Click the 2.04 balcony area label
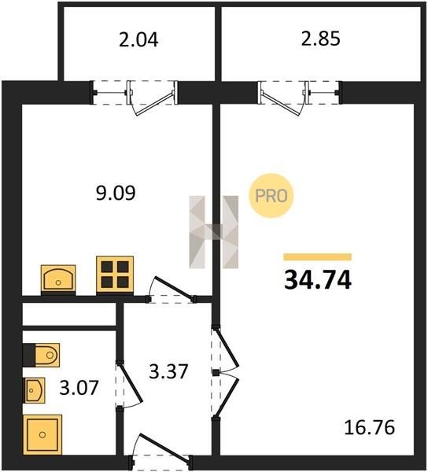click(x=138, y=40)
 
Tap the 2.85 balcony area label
click(x=321, y=39)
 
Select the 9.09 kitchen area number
click(x=116, y=193)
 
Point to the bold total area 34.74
click(x=318, y=280)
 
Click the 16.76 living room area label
click(x=369, y=427)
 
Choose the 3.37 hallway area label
click(x=168, y=371)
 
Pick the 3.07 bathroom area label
click(x=79, y=388)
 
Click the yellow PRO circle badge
click(x=271, y=196)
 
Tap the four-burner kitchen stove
click(x=115, y=275)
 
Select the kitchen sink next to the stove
click(x=58, y=279)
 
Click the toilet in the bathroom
click(x=42, y=355)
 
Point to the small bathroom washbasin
click(x=34, y=390)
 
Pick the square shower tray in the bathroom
click(x=42, y=434)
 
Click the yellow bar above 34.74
click(x=318, y=256)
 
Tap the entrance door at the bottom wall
click(x=160, y=452)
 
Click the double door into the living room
click(x=225, y=373)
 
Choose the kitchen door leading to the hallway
click(x=171, y=289)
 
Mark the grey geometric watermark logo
click(x=214, y=232)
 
